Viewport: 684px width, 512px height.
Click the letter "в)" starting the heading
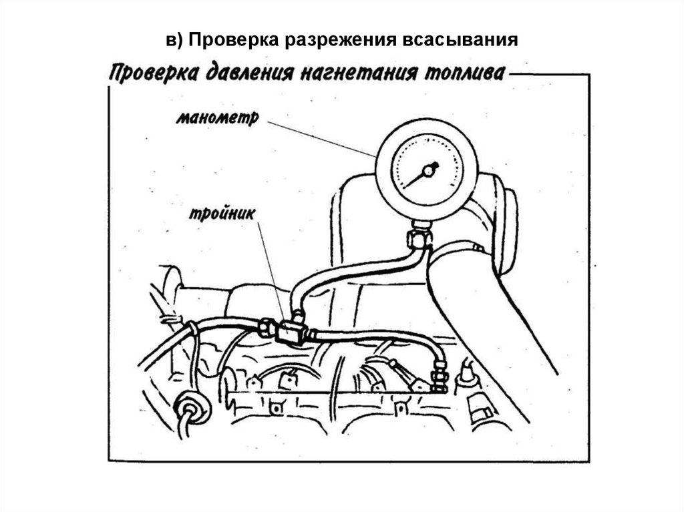(174, 40)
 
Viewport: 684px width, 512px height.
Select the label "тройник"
(219, 216)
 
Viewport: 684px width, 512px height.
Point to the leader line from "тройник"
(271, 267)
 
